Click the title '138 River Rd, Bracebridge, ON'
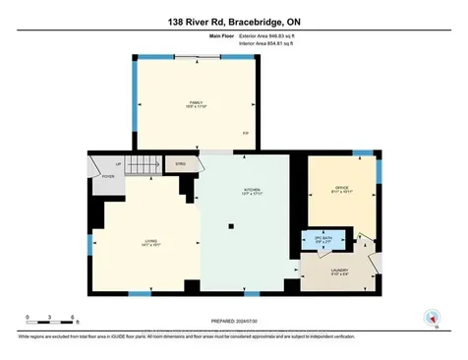click(233, 12)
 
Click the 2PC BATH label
click(320, 238)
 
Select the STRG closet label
click(180, 165)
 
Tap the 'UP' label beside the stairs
click(117, 163)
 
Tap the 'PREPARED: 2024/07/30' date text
click(233, 319)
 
